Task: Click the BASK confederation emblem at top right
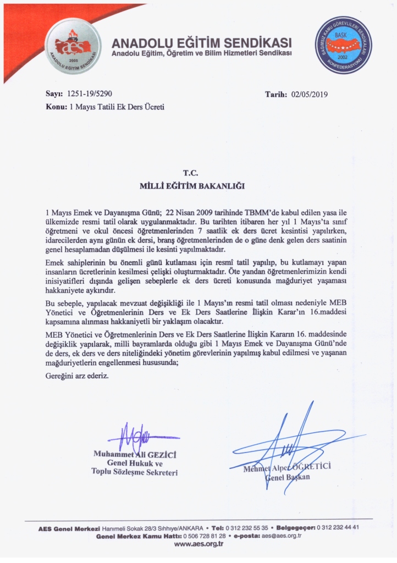[343, 46]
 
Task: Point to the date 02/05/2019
[309, 95]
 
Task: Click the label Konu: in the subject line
[57, 107]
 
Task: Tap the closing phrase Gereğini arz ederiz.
[76, 376]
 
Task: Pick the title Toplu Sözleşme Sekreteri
[134, 472]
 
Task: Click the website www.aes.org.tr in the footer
[198, 544]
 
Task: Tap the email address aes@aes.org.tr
[282, 536]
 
